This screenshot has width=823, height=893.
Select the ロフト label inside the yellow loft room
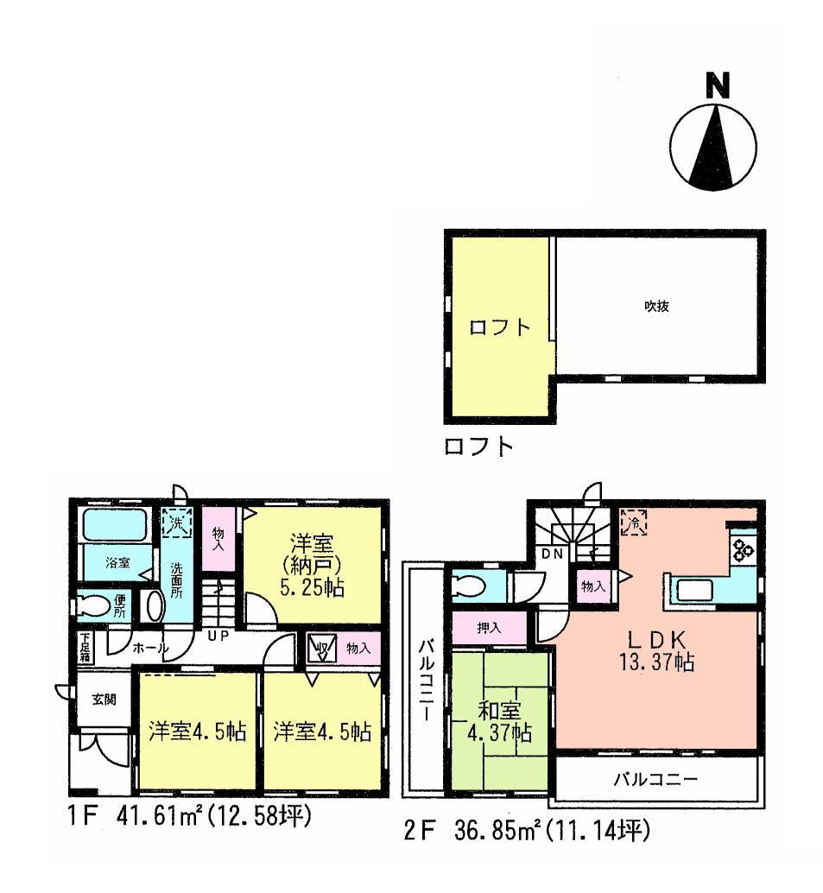tap(498, 329)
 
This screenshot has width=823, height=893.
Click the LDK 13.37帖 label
tap(656, 651)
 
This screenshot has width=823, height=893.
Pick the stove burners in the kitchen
tap(744, 549)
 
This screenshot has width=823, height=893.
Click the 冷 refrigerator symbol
tap(635, 522)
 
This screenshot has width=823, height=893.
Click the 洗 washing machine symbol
tap(177, 523)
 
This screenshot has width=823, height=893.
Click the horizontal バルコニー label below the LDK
tap(655, 778)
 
